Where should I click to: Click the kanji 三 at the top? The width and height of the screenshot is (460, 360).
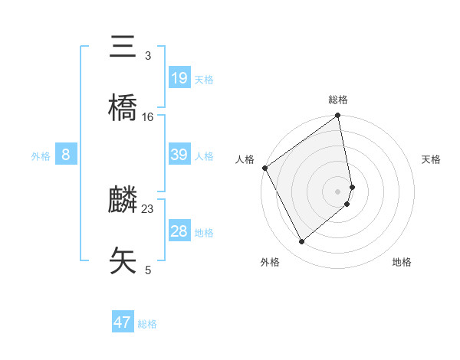(x=123, y=47)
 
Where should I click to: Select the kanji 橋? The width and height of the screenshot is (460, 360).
(x=123, y=108)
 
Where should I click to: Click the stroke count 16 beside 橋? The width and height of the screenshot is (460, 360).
(x=148, y=116)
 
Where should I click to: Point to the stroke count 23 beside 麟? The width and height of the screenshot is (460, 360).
(x=148, y=208)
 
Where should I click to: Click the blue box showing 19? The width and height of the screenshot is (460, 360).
(x=179, y=78)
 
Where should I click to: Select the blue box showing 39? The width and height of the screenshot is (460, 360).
(x=179, y=155)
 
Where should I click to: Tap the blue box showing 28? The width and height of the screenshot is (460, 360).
(x=179, y=231)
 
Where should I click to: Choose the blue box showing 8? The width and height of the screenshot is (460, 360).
(x=66, y=155)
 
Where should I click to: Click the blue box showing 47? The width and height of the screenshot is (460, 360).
(x=123, y=322)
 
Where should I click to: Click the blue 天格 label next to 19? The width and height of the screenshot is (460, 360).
(x=204, y=80)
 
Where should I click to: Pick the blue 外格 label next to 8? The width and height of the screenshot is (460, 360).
(x=41, y=156)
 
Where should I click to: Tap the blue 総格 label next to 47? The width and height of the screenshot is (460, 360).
(x=147, y=324)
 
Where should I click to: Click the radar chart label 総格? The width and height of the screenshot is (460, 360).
(x=338, y=100)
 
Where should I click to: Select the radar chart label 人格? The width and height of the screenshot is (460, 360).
(x=245, y=159)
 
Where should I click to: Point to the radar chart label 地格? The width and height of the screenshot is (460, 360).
(x=402, y=262)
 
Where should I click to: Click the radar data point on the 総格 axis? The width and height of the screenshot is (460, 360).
(x=338, y=116)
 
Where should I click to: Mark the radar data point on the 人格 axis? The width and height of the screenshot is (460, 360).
(x=264, y=168)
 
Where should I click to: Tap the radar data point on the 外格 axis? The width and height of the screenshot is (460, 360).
(x=302, y=242)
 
